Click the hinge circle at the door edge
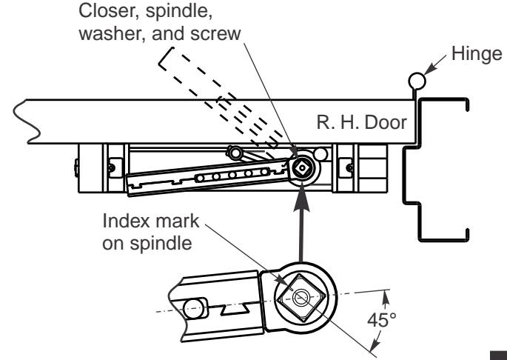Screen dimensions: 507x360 click(x=417, y=81)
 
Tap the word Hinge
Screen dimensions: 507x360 click(x=477, y=54)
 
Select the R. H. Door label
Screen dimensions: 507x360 click(x=361, y=123)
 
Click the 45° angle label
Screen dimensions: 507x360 click(x=381, y=320)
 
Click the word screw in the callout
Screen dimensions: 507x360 click(x=215, y=33)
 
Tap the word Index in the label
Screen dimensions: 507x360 click(x=127, y=221)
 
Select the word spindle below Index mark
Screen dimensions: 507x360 click(x=161, y=244)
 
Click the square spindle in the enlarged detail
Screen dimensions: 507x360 click(x=301, y=298)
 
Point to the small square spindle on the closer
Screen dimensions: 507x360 click(x=302, y=167)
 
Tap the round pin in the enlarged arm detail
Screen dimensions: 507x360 click(x=194, y=308)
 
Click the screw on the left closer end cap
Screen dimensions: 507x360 click(x=111, y=167)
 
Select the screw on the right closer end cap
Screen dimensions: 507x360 click(x=350, y=167)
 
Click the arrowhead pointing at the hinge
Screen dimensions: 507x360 click(x=429, y=70)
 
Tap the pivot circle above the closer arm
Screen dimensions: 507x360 click(x=235, y=152)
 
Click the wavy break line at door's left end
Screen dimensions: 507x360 click(x=27, y=121)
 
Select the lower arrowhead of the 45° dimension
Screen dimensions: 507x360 click(x=376, y=343)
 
